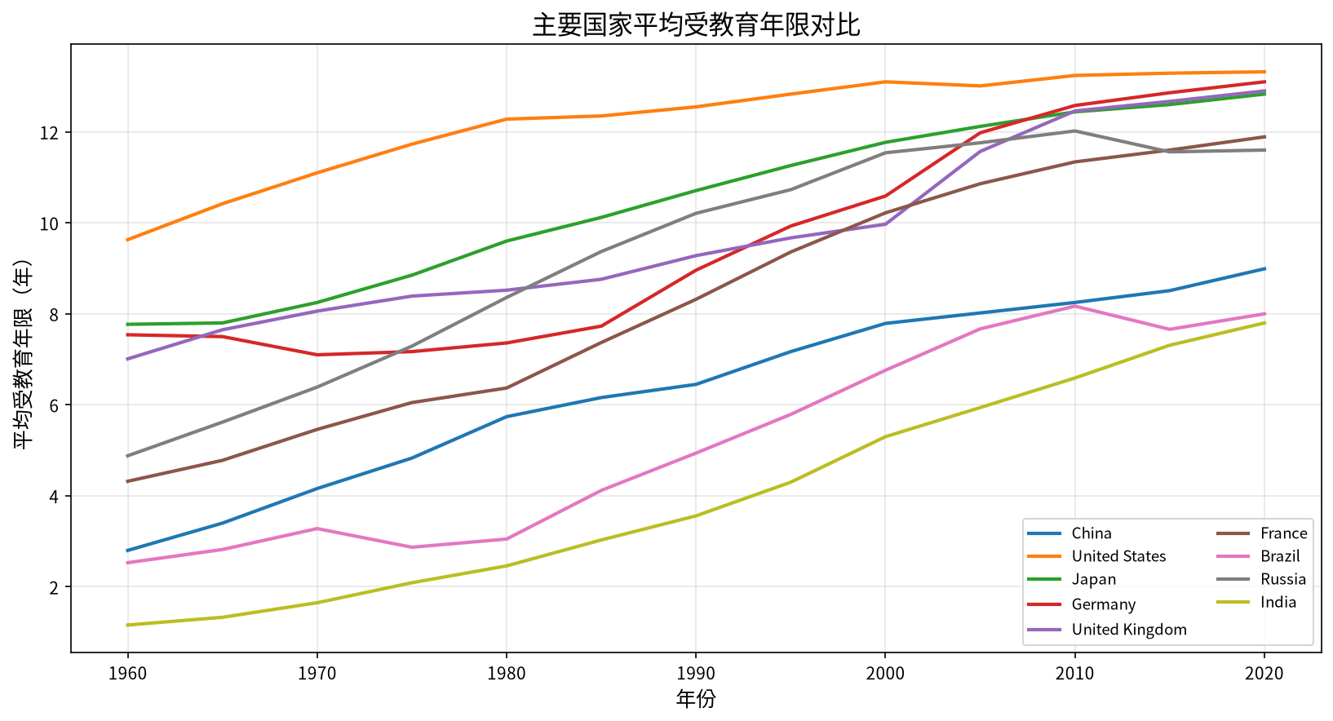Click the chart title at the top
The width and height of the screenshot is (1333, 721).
point(696,25)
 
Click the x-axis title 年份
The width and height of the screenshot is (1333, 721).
point(696,700)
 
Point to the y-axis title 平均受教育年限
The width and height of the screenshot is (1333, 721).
point(23,354)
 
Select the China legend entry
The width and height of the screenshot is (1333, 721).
point(1092,533)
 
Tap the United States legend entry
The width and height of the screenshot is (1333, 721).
point(1118,556)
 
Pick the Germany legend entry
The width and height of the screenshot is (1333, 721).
point(1104,604)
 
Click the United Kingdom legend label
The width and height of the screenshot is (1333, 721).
point(1129,630)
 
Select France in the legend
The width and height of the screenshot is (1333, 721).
point(1283,533)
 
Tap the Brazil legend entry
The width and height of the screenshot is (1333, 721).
point(1280,556)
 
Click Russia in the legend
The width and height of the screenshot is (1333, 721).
point(1283,579)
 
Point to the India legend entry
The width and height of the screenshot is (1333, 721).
point(1278,603)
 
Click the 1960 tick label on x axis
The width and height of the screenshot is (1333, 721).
point(127,674)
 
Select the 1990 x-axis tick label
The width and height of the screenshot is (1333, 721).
point(696,674)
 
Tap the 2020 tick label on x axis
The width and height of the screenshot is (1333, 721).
point(1264,674)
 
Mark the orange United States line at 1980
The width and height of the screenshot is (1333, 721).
point(507,119)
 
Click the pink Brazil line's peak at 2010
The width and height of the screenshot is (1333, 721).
point(1074,306)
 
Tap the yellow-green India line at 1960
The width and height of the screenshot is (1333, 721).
point(127,625)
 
